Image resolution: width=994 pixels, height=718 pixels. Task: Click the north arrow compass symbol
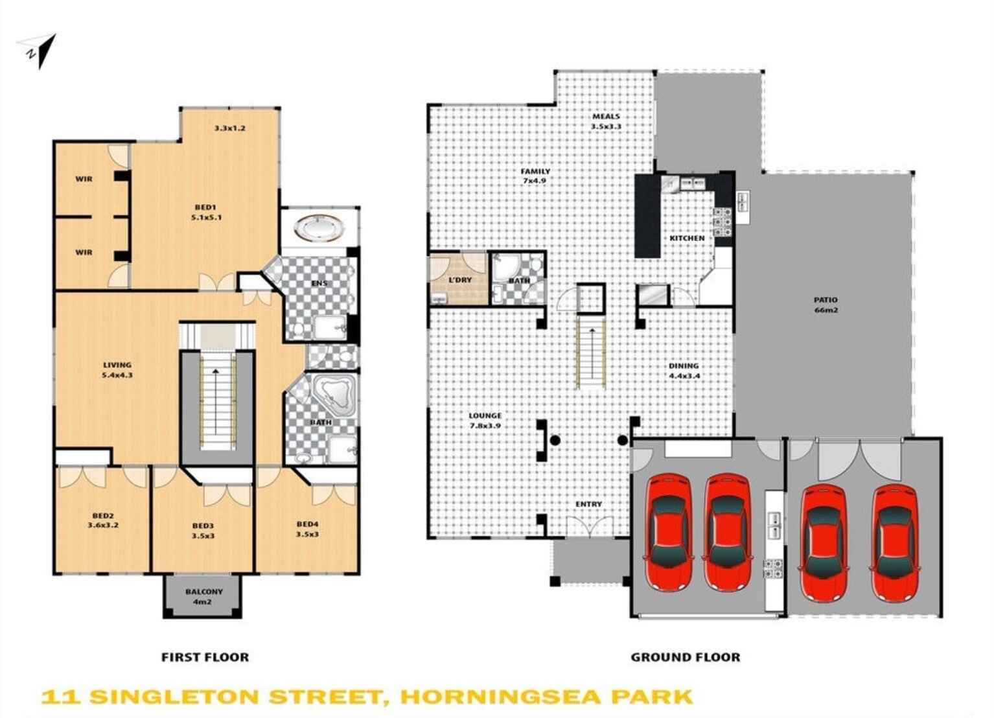(x=39, y=51)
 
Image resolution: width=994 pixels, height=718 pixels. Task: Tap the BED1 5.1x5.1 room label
(x=206, y=213)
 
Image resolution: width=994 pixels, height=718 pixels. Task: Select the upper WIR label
(x=84, y=179)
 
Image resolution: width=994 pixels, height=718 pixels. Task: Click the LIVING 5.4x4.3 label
(x=117, y=370)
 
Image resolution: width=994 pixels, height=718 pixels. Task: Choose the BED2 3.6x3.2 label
(x=103, y=520)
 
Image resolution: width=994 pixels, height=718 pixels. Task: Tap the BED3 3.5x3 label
(x=203, y=531)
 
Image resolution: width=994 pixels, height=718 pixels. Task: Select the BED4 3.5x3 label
(x=307, y=529)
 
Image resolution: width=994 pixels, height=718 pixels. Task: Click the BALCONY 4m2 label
(x=203, y=596)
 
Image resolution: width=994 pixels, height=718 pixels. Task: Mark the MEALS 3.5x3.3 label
(x=606, y=121)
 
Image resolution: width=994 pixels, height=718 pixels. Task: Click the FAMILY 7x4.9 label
(x=535, y=176)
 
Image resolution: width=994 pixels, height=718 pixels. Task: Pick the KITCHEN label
(x=687, y=238)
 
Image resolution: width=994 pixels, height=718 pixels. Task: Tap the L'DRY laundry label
(x=460, y=280)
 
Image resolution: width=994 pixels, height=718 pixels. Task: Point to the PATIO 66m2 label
(x=826, y=305)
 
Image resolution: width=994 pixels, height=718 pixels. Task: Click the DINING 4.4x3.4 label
(x=684, y=371)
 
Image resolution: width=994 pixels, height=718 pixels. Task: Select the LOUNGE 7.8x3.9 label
(x=485, y=421)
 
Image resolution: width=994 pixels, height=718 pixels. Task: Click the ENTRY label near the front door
(x=588, y=504)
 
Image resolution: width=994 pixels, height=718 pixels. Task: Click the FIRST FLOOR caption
(x=205, y=657)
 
